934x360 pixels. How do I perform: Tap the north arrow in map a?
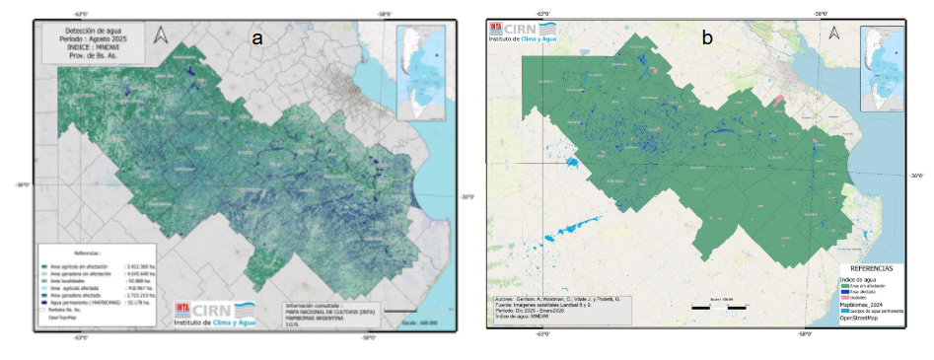(x=163, y=37)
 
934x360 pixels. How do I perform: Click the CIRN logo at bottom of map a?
(x=213, y=313)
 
